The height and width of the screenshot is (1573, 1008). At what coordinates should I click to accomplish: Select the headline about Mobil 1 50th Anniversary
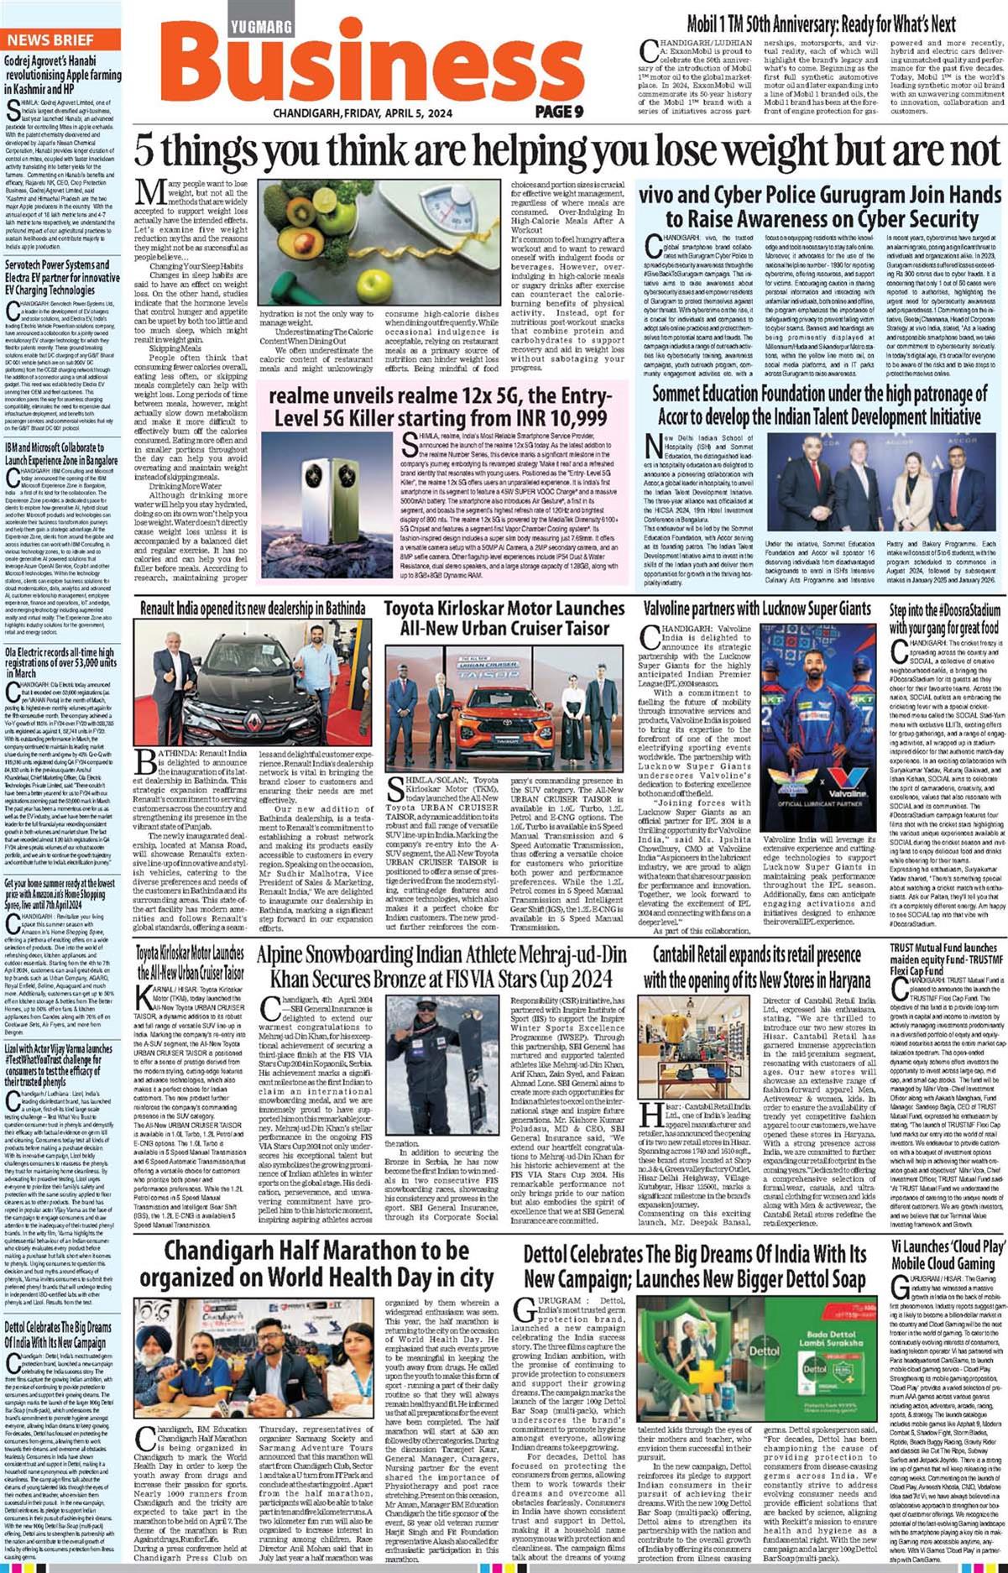(821, 24)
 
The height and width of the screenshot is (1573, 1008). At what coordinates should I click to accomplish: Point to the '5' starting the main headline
(144, 152)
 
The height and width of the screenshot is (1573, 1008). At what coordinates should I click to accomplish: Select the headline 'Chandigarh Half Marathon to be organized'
(316, 1264)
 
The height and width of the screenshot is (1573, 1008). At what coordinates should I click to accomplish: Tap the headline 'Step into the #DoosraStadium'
(945, 618)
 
